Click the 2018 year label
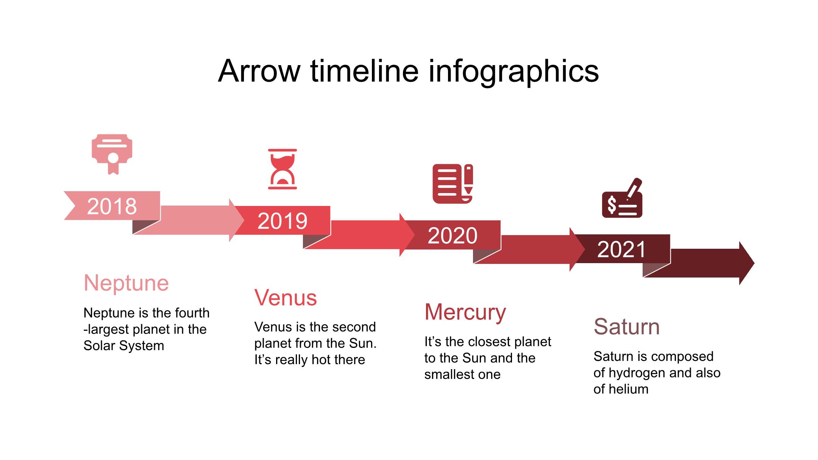112,206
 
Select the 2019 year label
282,221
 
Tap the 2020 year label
453,235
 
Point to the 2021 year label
621,249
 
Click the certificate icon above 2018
112,154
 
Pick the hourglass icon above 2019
283,169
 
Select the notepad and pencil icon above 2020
453,184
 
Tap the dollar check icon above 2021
622,198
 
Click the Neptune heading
126,283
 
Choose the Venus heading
286,298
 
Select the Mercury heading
465,312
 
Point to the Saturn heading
627,326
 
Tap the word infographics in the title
514,72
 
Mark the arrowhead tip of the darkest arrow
754,263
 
